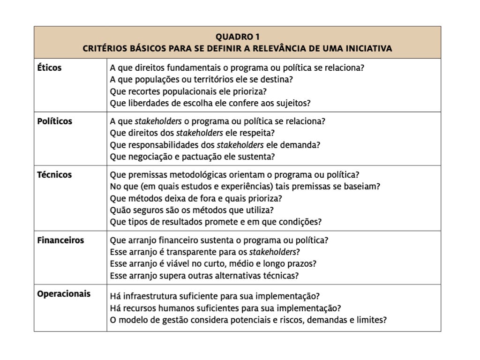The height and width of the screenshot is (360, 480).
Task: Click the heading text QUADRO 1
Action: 237,37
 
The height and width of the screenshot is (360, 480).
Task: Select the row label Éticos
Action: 49,67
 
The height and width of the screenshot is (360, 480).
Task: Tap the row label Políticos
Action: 55,121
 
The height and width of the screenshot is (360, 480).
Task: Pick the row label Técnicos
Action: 54,175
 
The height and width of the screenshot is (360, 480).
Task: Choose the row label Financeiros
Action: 60,240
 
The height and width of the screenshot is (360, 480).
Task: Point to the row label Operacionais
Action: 64,294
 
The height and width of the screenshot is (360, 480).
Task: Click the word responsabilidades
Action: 171,144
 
